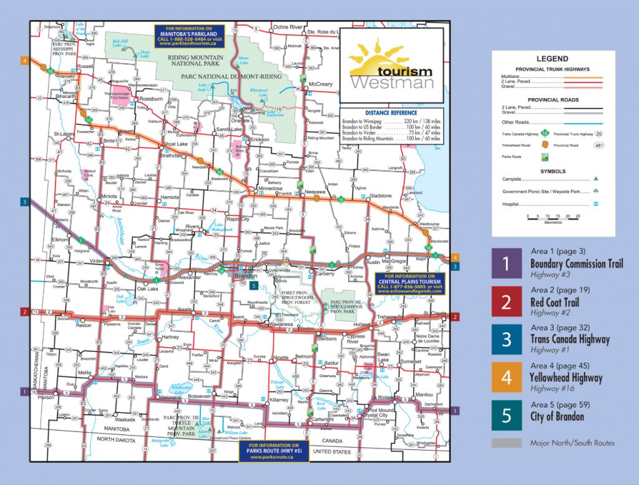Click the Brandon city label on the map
click(x=242, y=275)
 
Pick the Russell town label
click(x=84, y=66)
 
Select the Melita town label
click(x=85, y=372)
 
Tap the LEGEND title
click(x=552, y=58)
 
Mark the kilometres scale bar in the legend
click(x=554, y=217)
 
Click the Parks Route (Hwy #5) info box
click(x=274, y=452)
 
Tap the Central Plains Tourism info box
click(x=409, y=282)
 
